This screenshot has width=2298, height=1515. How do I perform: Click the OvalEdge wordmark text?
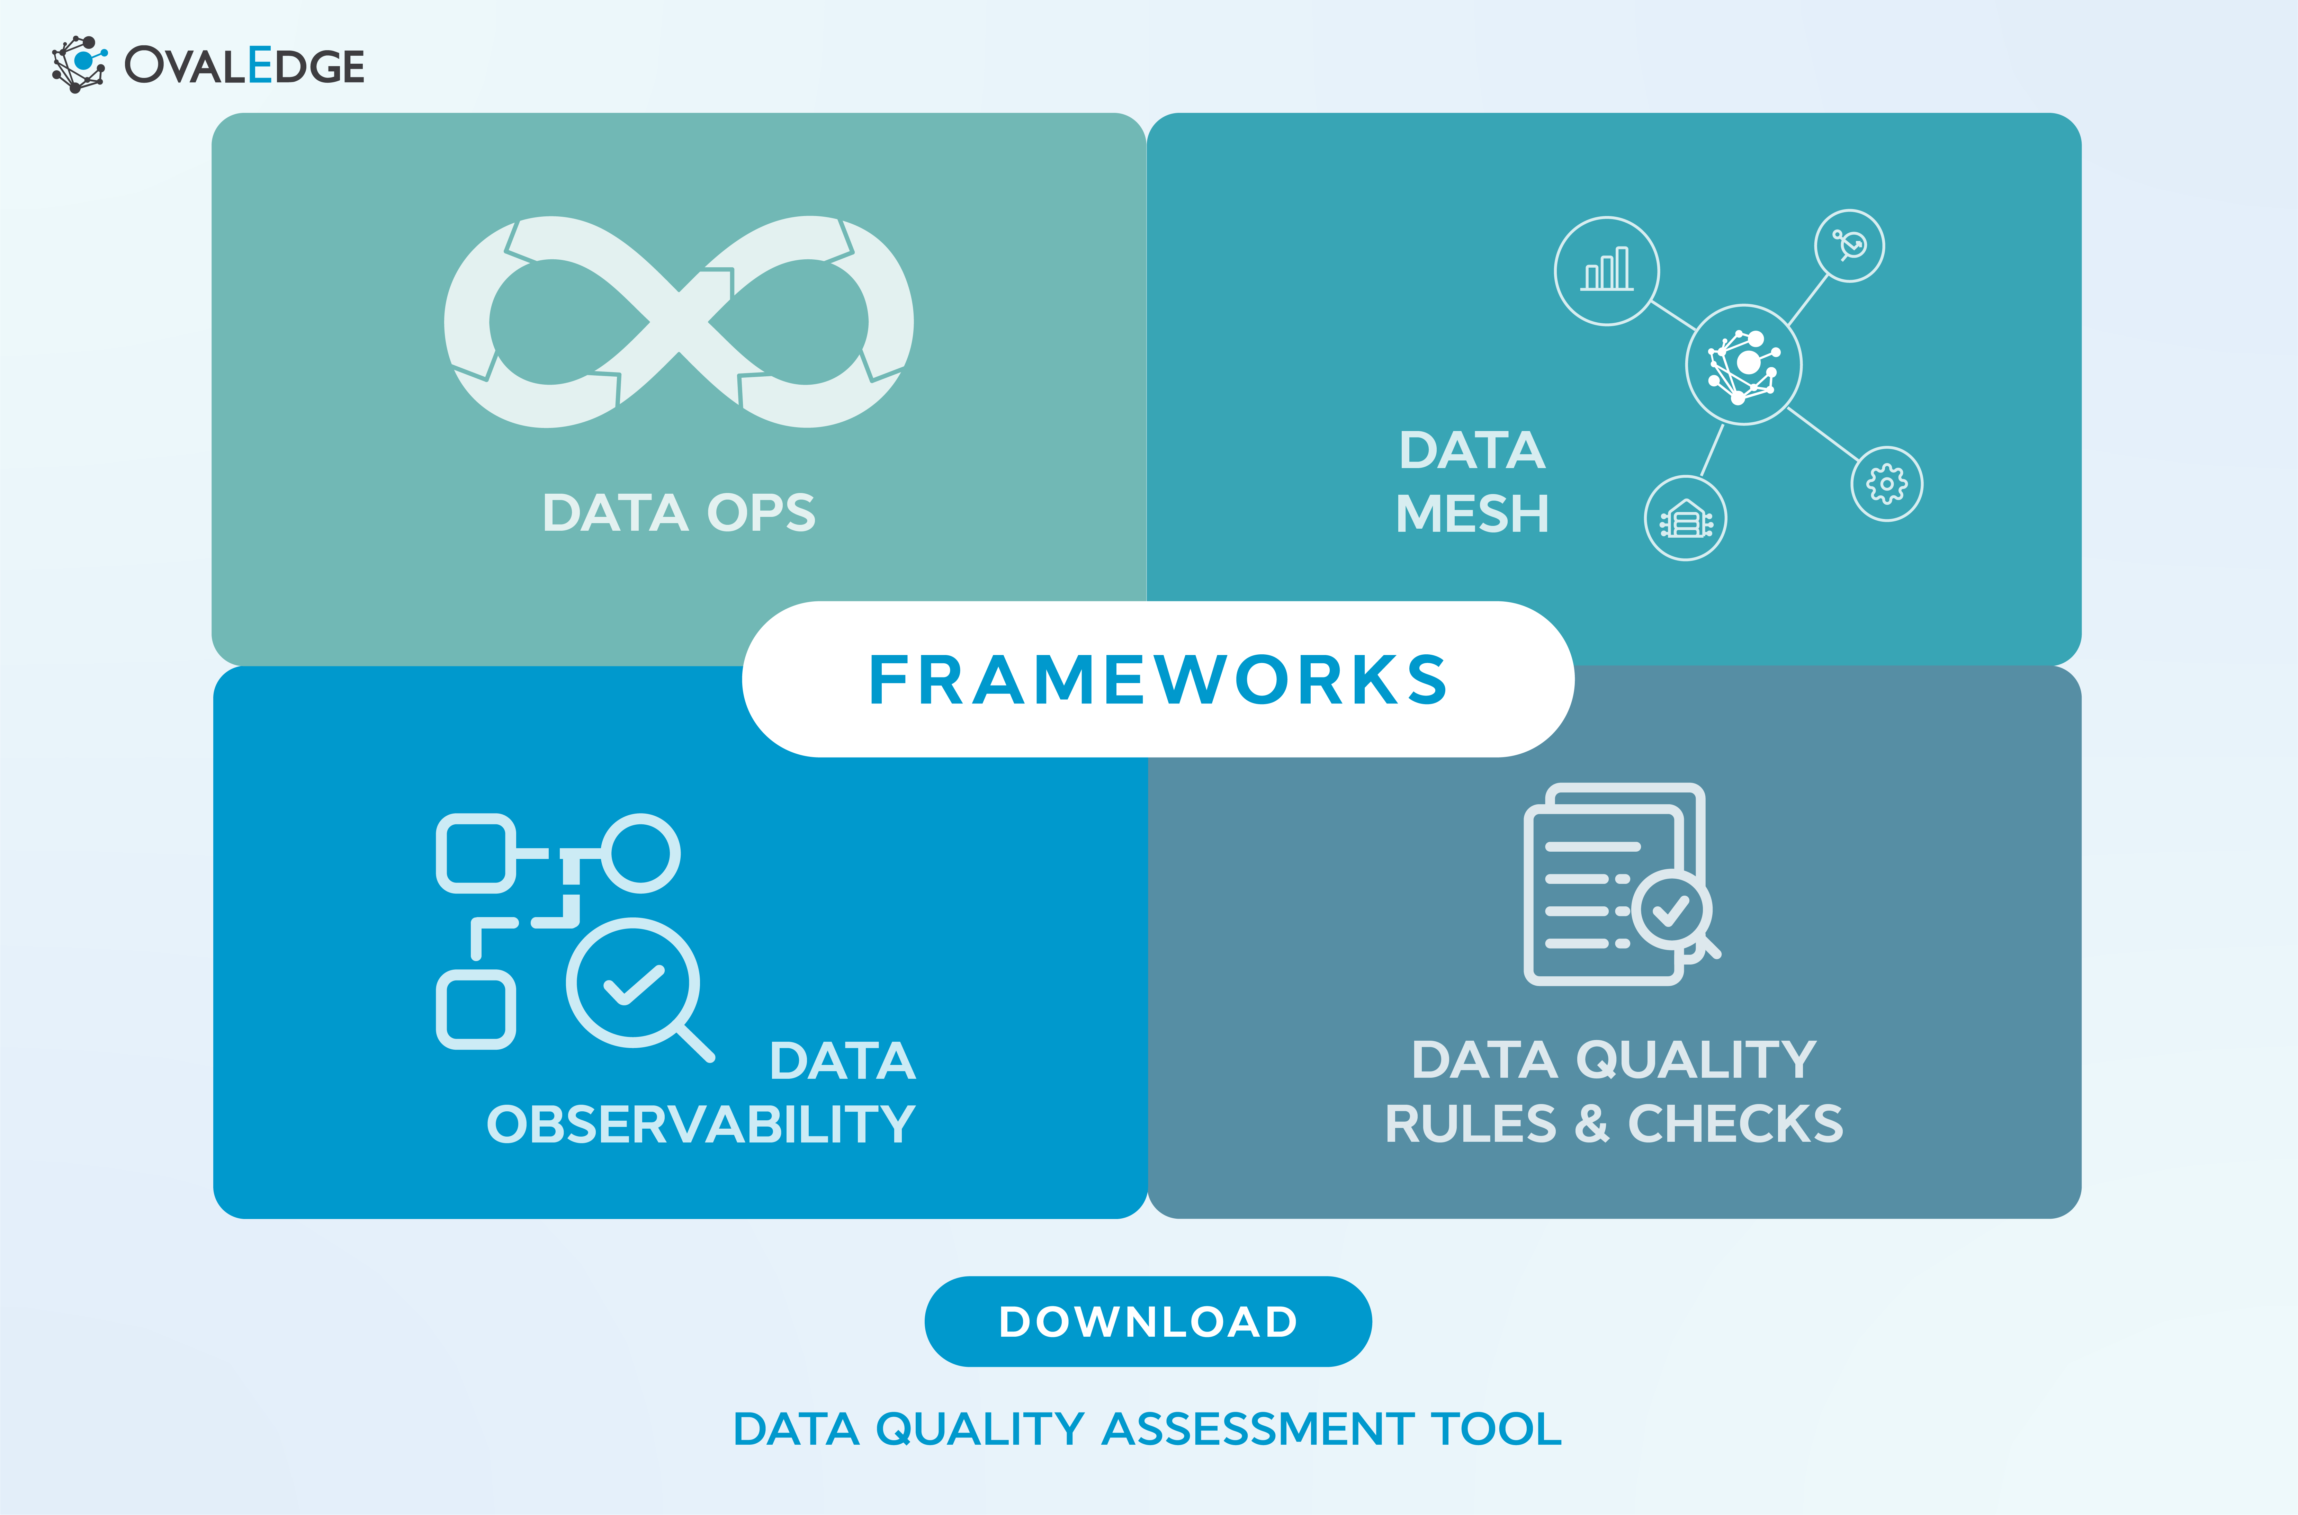tap(244, 66)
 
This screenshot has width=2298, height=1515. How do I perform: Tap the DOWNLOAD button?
tap(1148, 1321)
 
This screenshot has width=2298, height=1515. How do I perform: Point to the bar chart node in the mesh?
tap(1606, 270)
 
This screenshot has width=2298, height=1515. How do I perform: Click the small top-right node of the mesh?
tap(1849, 245)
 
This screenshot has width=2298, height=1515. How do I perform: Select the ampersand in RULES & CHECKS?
tap(1591, 1124)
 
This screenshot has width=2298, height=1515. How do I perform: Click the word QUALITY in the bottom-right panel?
tap(1695, 1060)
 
